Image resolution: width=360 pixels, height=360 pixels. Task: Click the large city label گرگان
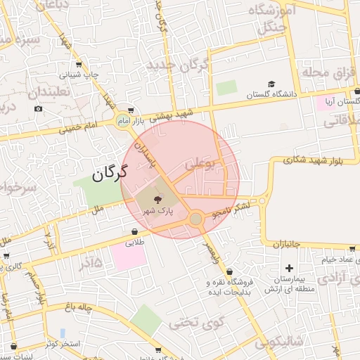pyautogui.click(x=108, y=171)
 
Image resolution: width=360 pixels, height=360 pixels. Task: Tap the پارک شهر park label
pyautogui.click(x=158, y=210)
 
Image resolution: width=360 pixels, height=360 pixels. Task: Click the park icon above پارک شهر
pyautogui.click(x=156, y=200)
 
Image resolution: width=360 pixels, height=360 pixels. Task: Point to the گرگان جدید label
pyautogui.click(x=178, y=65)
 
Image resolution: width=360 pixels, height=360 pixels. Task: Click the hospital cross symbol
pyautogui.click(x=289, y=268)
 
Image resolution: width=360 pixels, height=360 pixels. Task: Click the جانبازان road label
pyautogui.click(x=287, y=243)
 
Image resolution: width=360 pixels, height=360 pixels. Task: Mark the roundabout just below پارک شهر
pyautogui.click(x=195, y=220)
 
